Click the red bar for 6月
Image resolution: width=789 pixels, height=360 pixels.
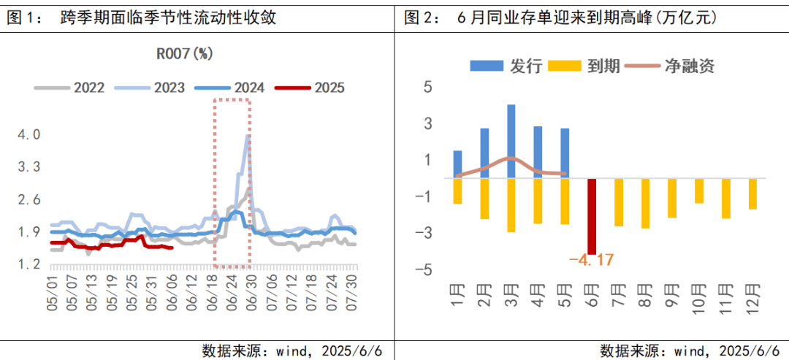tap(592, 216)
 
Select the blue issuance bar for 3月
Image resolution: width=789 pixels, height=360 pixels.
tap(511, 141)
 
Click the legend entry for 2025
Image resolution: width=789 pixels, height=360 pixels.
tap(311, 88)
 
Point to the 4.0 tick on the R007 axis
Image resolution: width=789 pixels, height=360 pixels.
tap(29, 135)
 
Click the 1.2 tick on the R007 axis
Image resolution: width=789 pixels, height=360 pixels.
tap(29, 265)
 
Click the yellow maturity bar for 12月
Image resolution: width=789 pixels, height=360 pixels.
tap(752, 194)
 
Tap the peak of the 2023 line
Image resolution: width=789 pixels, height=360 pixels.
tap(248, 135)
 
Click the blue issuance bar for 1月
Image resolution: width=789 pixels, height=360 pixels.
tap(458, 164)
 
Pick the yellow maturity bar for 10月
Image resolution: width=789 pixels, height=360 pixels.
tap(699, 191)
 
